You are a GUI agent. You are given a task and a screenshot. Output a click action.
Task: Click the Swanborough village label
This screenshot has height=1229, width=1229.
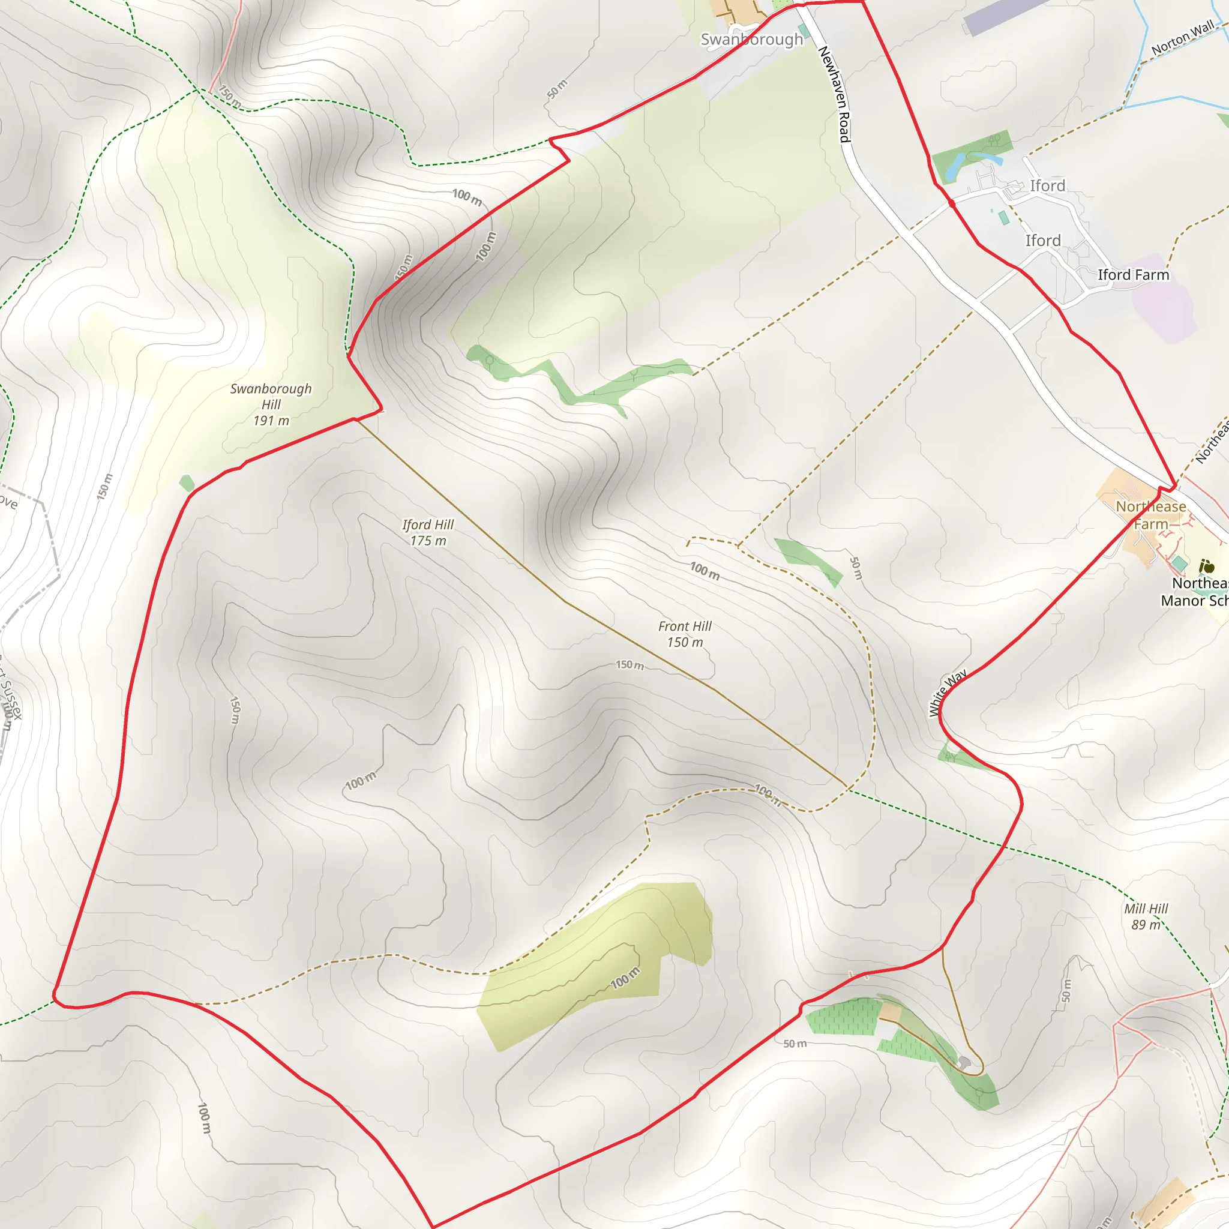751,40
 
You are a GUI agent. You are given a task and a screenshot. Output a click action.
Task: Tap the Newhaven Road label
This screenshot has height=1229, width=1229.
834,94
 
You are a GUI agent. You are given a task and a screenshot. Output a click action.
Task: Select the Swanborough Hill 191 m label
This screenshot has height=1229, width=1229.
271,404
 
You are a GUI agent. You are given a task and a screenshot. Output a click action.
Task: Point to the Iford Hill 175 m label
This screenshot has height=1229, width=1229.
427,532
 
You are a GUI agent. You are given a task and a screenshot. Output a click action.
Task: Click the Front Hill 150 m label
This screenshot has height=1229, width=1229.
685,634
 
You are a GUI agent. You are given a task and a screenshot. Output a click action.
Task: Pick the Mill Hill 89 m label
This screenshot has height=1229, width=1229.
1146,917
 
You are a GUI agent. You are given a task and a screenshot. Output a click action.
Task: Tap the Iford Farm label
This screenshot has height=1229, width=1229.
1133,275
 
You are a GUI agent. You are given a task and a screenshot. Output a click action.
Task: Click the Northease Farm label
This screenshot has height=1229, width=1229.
1151,515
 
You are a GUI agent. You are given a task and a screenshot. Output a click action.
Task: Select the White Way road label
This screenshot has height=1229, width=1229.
947,693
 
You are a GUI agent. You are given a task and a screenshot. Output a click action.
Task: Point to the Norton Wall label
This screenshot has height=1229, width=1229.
1183,38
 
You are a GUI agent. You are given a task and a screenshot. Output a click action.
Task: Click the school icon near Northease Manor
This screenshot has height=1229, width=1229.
1206,565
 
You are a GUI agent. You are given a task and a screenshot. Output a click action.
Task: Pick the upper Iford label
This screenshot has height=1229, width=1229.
1047,186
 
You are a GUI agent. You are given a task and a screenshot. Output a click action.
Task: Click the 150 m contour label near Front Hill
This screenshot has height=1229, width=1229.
630,666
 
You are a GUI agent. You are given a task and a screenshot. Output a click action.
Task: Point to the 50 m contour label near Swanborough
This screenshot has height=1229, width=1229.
557,89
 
